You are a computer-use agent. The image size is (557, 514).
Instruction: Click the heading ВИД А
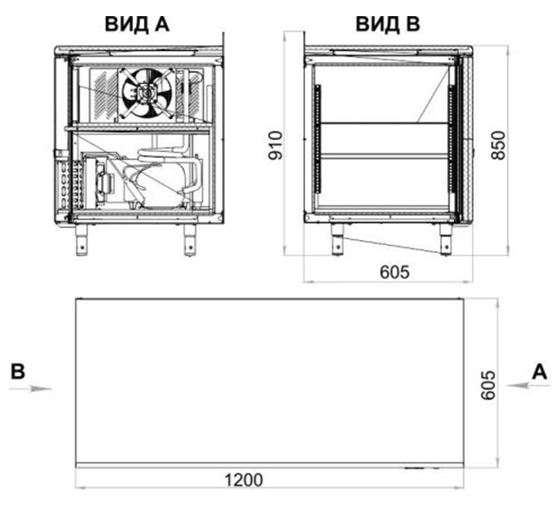137,25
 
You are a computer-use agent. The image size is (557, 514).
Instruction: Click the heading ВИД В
388,25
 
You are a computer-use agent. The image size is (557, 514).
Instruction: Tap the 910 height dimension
276,146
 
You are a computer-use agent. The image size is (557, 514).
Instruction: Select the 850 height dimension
498,146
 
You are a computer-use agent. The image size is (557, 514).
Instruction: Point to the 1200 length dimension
245,480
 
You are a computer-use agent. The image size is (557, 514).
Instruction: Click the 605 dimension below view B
395,272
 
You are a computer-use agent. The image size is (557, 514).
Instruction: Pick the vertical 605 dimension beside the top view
487,385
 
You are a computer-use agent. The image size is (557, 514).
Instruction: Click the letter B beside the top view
18,371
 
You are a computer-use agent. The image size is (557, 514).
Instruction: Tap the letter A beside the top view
540,372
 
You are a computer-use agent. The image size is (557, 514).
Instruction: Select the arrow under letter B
30,388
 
